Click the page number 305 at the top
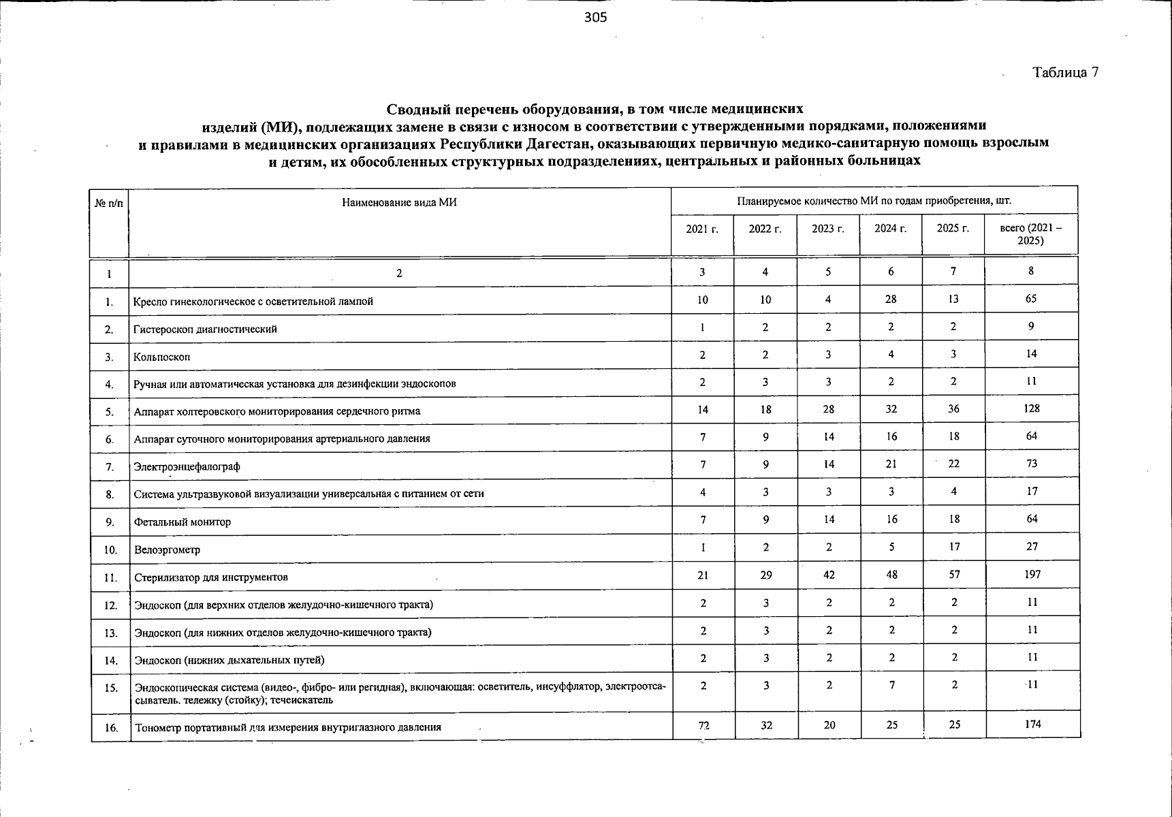tap(595, 18)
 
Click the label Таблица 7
tap(1065, 73)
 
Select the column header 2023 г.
tap(827, 229)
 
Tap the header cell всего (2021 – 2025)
tap(1030, 235)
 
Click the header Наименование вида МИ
tap(399, 202)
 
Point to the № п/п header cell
tap(109, 203)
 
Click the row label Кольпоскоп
tap(162, 357)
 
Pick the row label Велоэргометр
tap(167, 549)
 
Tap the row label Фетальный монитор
tap(182, 522)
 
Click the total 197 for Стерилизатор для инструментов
tap(1032, 575)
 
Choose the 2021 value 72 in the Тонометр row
tap(703, 725)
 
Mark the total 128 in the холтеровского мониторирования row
tap(1031, 408)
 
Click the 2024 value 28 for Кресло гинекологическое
tap(891, 299)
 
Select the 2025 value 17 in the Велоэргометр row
tap(954, 546)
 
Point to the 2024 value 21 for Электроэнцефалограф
tap(891, 464)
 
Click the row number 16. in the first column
tap(111, 728)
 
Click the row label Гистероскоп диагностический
tap(205, 330)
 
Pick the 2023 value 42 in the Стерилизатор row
tap(829, 575)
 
